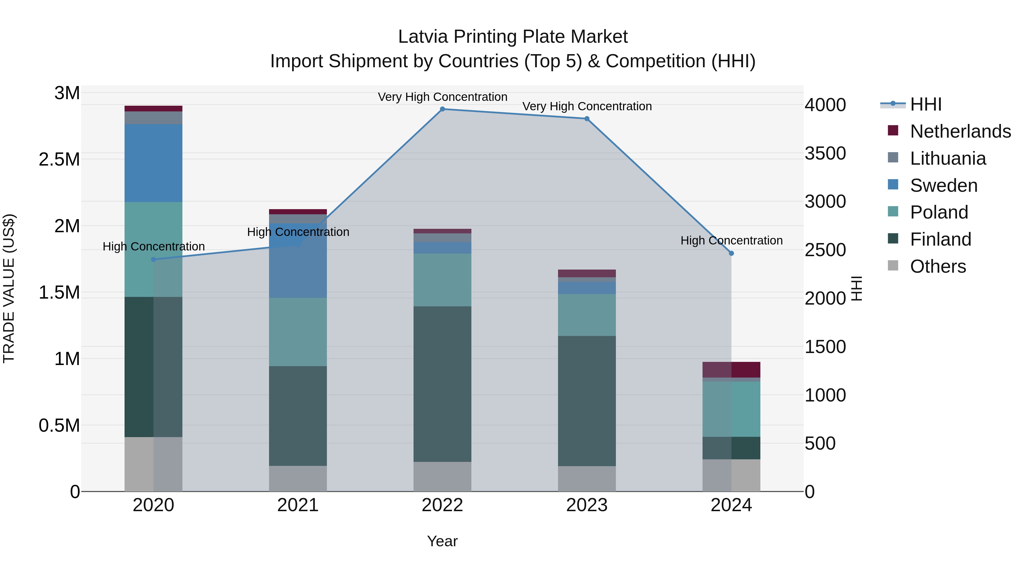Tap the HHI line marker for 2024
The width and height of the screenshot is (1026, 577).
point(731,253)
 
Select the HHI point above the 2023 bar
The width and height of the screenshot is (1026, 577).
point(587,119)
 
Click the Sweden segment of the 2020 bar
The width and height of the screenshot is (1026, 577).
point(153,163)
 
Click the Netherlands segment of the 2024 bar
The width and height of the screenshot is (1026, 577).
point(731,370)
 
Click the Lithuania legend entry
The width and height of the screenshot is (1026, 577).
point(948,158)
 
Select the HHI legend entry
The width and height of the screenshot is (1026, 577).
point(926,104)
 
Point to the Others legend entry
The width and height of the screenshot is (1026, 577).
point(938,266)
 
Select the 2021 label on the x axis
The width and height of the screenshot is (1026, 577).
point(298,505)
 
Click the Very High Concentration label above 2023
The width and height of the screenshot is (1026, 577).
point(587,106)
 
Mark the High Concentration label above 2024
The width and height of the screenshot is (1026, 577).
point(731,240)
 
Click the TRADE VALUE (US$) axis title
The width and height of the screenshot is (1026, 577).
point(9,288)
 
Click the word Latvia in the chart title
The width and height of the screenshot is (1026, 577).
point(423,37)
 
